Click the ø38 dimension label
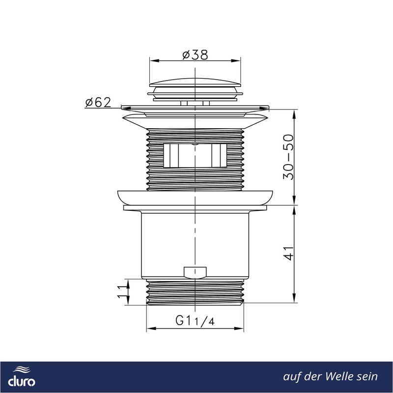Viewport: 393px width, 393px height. pyautogui.click(x=195, y=55)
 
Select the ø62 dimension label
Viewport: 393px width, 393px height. pyautogui.click(x=98, y=102)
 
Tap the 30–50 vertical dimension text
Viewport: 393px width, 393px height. pyautogui.click(x=288, y=157)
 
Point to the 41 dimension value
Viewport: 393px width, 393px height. pyautogui.click(x=289, y=253)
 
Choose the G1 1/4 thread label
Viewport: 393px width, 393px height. pyautogui.click(x=195, y=320)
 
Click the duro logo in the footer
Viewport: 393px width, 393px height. pyautogui.click(x=22, y=377)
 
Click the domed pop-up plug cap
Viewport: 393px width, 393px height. pyautogui.click(x=195, y=82)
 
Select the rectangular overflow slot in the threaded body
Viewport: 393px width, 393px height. pyautogui.click(x=195, y=155)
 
